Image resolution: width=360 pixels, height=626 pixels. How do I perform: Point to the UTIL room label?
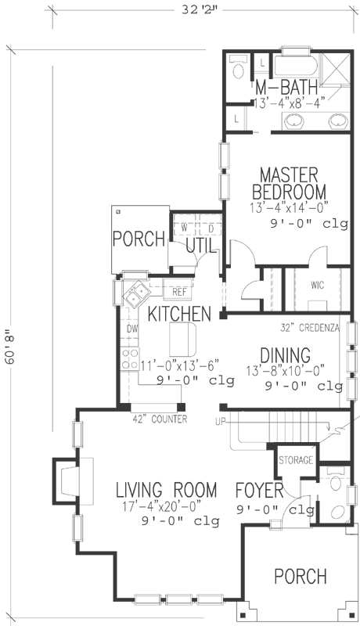pyautogui.click(x=201, y=247)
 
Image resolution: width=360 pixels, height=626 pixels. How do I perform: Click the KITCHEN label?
pyautogui.click(x=179, y=315)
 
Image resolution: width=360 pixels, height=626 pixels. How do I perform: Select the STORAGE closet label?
pyautogui.click(x=297, y=459)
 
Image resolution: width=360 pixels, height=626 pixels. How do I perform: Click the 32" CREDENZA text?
pyautogui.click(x=308, y=329)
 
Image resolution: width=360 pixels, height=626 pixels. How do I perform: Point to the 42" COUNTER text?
pyautogui.click(x=160, y=420)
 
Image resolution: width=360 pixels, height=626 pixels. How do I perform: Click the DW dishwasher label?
pyautogui.click(x=132, y=329)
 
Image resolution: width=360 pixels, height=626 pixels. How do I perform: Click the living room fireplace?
pyautogui.click(x=66, y=479)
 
